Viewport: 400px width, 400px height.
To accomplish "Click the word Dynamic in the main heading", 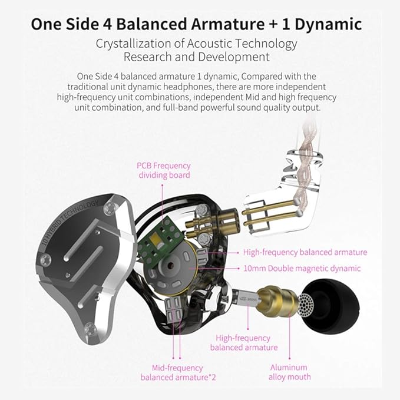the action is (x=328, y=25).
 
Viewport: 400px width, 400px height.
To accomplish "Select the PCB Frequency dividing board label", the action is (x=164, y=170).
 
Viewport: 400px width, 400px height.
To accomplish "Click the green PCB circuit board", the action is (x=160, y=239).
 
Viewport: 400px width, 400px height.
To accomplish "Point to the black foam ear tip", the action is (x=332, y=306).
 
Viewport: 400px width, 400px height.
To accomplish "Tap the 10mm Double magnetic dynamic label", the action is (x=302, y=269).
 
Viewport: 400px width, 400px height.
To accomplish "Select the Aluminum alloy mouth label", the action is (x=289, y=372).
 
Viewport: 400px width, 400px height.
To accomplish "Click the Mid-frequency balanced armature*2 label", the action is (x=178, y=372).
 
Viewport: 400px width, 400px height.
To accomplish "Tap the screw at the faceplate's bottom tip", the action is (x=90, y=329).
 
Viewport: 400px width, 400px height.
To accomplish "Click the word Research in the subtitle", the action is (x=147, y=57).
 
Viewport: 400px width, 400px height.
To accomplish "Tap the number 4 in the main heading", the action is (x=107, y=25).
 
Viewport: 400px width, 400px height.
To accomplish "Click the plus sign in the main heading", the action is (x=273, y=25).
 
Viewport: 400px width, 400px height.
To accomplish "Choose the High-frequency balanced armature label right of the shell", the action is (x=305, y=252).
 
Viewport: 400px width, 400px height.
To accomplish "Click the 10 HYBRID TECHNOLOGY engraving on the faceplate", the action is (x=70, y=222).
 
